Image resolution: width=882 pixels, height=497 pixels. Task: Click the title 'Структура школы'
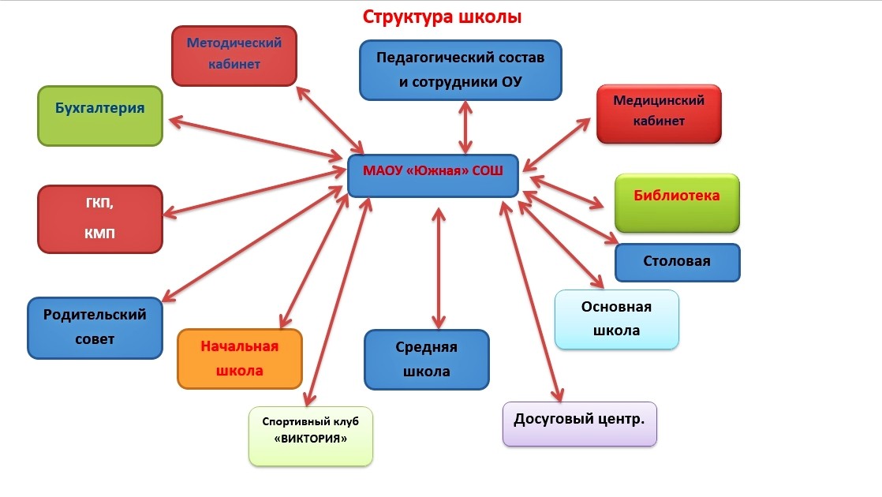click(x=442, y=17)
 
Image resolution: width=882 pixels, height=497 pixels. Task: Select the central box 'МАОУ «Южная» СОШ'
click(x=433, y=174)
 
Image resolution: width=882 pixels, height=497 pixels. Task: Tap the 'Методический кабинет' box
click(x=234, y=54)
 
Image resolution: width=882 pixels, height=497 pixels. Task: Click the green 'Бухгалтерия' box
click(x=100, y=115)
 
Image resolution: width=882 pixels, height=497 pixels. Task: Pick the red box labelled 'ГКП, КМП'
click(x=99, y=219)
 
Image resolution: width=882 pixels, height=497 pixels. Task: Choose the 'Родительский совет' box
click(x=95, y=327)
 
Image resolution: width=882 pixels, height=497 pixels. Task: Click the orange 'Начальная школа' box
click(x=240, y=358)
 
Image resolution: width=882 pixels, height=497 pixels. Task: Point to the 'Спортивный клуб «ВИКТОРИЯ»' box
click(x=310, y=435)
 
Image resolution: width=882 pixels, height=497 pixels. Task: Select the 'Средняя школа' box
click(x=426, y=359)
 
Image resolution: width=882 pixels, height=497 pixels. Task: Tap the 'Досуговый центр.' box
click(x=579, y=424)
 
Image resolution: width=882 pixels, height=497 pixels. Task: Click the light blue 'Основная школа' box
click(x=616, y=319)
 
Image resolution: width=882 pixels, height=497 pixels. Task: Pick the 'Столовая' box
click(x=677, y=262)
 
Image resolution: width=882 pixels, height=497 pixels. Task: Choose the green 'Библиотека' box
click(x=677, y=203)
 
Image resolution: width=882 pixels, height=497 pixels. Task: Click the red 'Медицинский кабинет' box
click(x=659, y=113)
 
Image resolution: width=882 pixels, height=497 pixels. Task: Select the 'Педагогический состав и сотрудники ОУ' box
click(x=461, y=70)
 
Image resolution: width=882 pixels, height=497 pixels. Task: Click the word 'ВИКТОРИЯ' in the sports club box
click(x=311, y=439)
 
